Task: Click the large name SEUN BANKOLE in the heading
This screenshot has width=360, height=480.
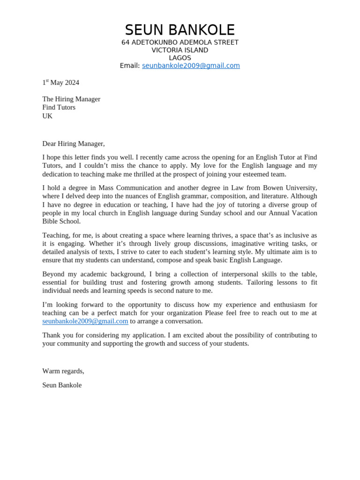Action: [180, 30]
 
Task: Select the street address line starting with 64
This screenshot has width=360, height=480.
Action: [180, 43]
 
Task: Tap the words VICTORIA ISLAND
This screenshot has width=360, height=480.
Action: [180, 50]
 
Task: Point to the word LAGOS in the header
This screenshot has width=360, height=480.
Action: [180, 58]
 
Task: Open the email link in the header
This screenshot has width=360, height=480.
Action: [191, 66]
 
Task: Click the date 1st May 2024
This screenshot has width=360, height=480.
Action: [60, 82]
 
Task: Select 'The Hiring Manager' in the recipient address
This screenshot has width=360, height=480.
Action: [71, 99]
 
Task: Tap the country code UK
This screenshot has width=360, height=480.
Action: [47, 116]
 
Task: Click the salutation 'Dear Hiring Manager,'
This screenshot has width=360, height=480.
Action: [74, 143]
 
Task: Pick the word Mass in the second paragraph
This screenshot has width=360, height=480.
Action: [107, 188]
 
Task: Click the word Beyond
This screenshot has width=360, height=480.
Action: [53, 274]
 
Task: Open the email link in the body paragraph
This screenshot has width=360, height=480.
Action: [85, 321]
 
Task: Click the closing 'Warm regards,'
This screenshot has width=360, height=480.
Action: [63, 371]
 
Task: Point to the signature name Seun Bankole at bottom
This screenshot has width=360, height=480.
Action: [62, 385]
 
